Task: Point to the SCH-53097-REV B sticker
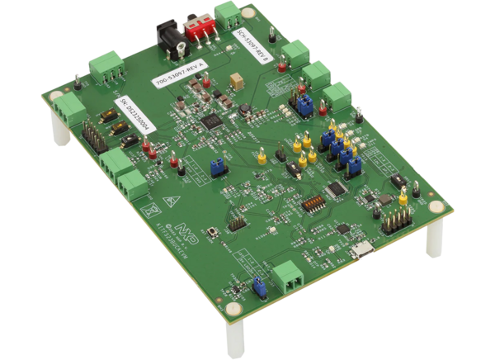[252, 50]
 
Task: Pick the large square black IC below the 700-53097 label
[212, 123]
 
